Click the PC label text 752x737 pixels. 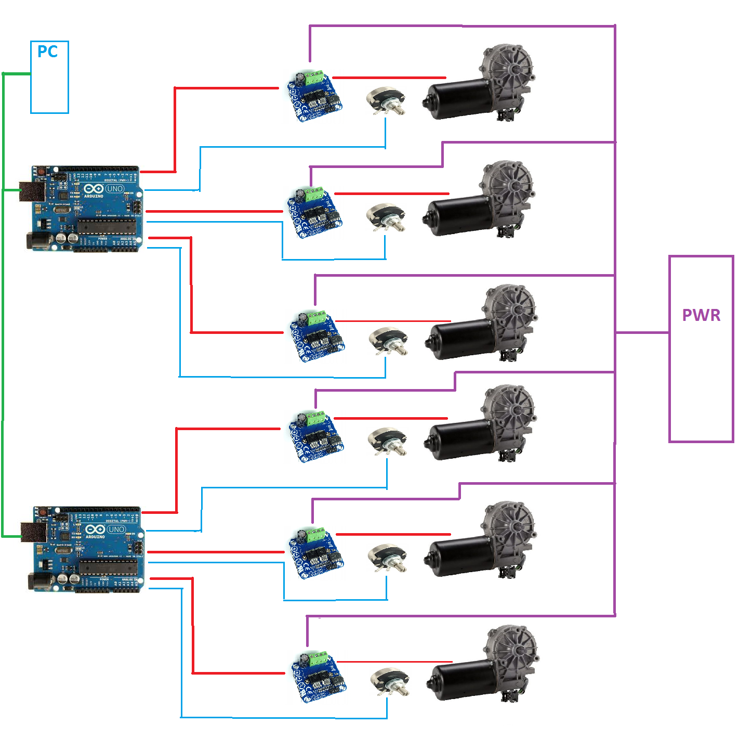pos(47,51)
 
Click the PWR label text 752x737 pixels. pos(701,315)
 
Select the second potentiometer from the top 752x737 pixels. pos(386,217)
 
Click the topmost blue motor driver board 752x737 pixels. pos(315,97)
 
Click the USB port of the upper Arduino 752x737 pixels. pos(32,191)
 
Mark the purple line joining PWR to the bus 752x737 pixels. pos(642,332)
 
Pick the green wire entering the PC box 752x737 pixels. pos(17,74)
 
